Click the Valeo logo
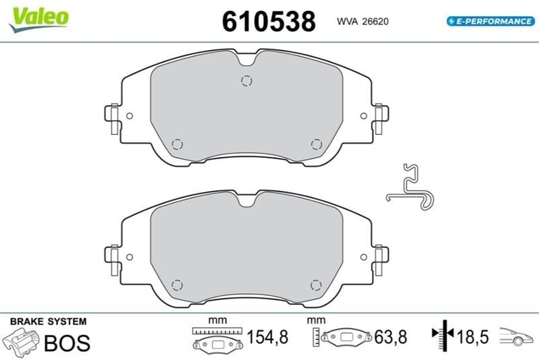[39, 20]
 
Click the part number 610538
[268, 22]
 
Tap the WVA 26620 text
[362, 22]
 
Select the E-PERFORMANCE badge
[490, 21]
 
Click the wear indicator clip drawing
[410, 187]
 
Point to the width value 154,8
[267, 336]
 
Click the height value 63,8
[391, 336]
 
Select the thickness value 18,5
[472, 336]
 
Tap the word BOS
[67, 342]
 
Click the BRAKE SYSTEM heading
[49, 322]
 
